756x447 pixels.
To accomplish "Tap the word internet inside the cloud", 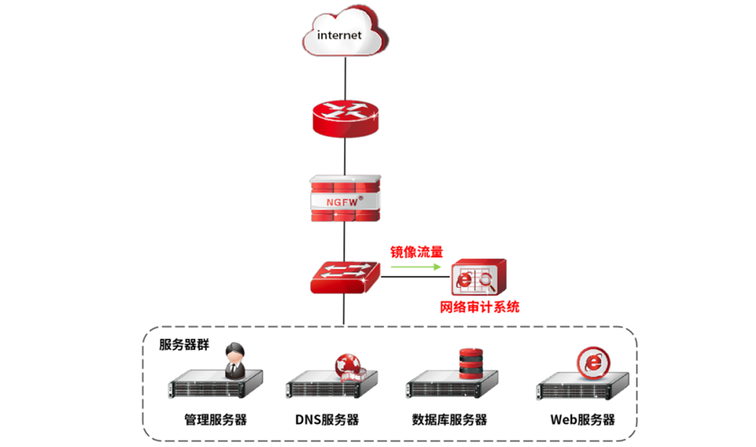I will (x=339, y=35).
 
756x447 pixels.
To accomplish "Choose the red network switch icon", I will (x=344, y=276).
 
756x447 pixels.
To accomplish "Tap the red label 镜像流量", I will (x=417, y=251).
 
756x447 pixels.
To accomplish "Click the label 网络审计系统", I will (x=480, y=307).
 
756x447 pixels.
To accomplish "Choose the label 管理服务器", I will (x=215, y=420).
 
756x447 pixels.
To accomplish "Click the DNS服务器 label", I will (x=327, y=420).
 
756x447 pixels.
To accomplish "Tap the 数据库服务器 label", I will (x=450, y=420).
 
